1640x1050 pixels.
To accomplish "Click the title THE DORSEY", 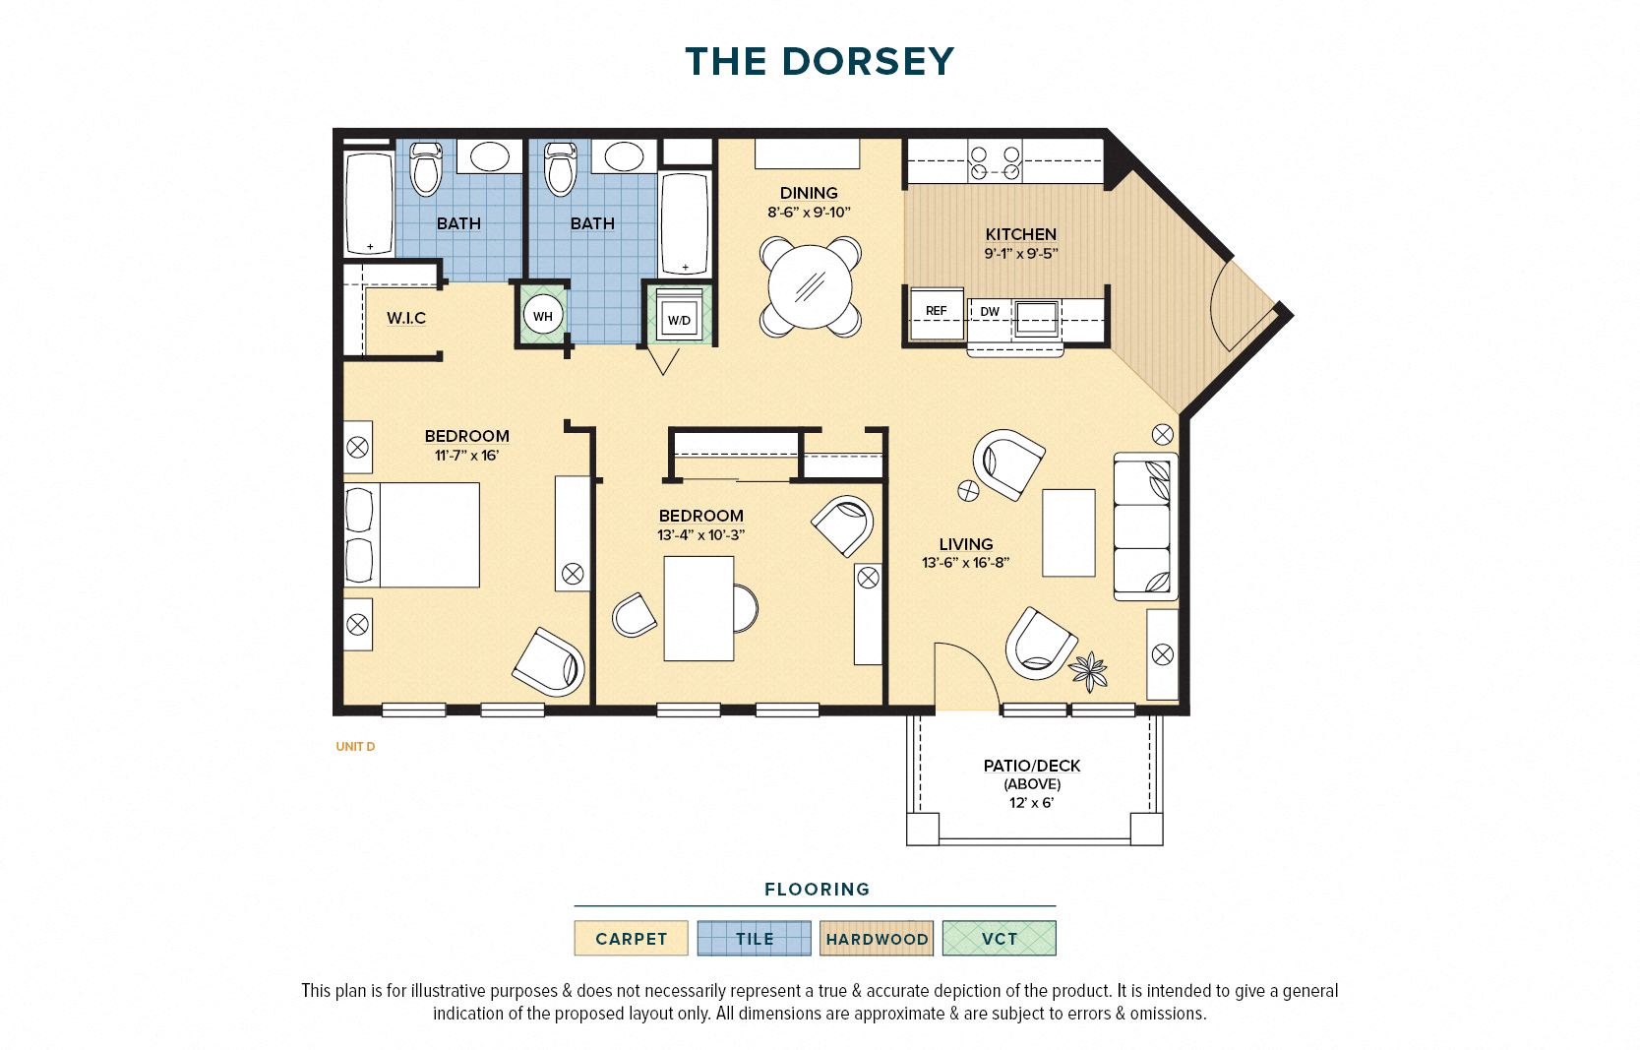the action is point(820,62).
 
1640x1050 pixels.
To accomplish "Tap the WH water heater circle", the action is point(542,316).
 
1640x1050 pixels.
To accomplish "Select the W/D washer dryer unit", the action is point(679,315).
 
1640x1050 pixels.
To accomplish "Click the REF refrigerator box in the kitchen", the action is point(937,313).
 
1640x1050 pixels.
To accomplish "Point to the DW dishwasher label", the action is point(990,311).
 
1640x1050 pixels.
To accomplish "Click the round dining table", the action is point(810,286).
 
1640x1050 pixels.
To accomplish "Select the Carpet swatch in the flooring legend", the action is point(631,938).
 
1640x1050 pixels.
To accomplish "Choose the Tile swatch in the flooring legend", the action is point(755,938).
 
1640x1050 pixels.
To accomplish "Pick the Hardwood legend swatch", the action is point(877,938).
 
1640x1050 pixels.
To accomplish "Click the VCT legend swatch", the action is point(1000,938).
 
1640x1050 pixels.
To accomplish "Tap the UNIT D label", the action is point(355,747).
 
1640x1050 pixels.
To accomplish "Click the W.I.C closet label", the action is point(406,318).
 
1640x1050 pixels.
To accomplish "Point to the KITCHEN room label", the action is point(1020,234).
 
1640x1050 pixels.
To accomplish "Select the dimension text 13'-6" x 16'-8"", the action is point(966,562).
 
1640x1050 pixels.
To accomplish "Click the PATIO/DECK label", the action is point(1032,766).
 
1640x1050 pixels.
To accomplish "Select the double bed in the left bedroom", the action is point(411,534).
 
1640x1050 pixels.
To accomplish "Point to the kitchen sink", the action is point(1036,319).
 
